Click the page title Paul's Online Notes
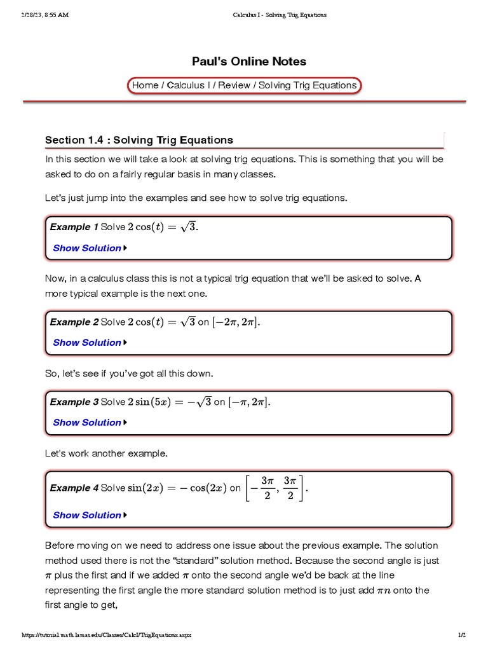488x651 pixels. tap(249, 62)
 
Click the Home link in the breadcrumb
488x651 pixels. tap(145, 85)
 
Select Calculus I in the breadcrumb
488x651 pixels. tap(186, 85)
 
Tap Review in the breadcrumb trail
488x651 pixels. tap(234, 85)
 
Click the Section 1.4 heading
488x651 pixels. tap(139, 140)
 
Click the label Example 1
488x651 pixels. tap(74, 227)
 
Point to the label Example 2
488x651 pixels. tap(74, 322)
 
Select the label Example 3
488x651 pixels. tap(74, 402)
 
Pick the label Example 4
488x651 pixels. tap(74, 488)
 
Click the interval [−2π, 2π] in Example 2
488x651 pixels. tap(236, 322)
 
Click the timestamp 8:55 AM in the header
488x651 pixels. tap(55, 15)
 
